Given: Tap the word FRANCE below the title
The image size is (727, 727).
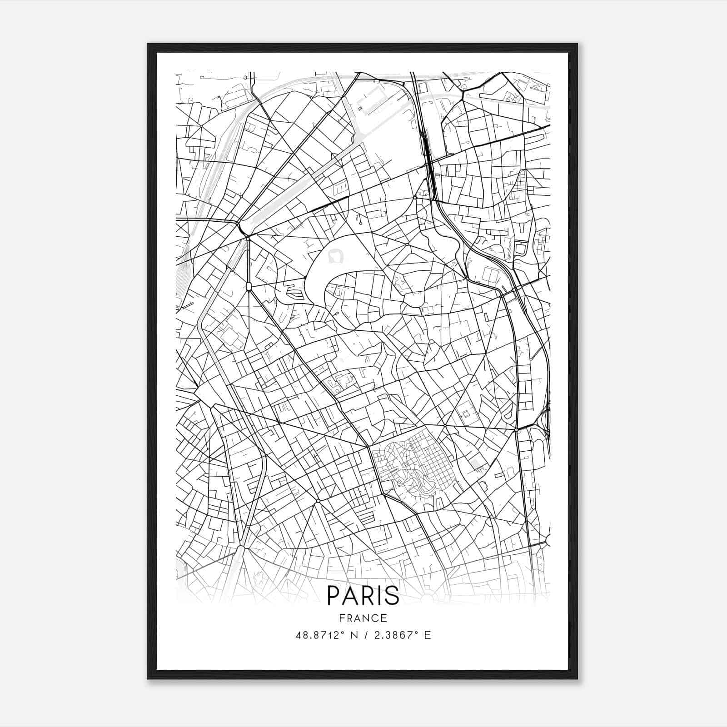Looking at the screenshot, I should pyautogui.click(x=363, y=618).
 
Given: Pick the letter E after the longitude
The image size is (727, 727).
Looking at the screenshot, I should pyautogui.click(x=427, y=635).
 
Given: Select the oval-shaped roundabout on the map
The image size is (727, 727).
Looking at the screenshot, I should pyautogui.click(x=248, y=286).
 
